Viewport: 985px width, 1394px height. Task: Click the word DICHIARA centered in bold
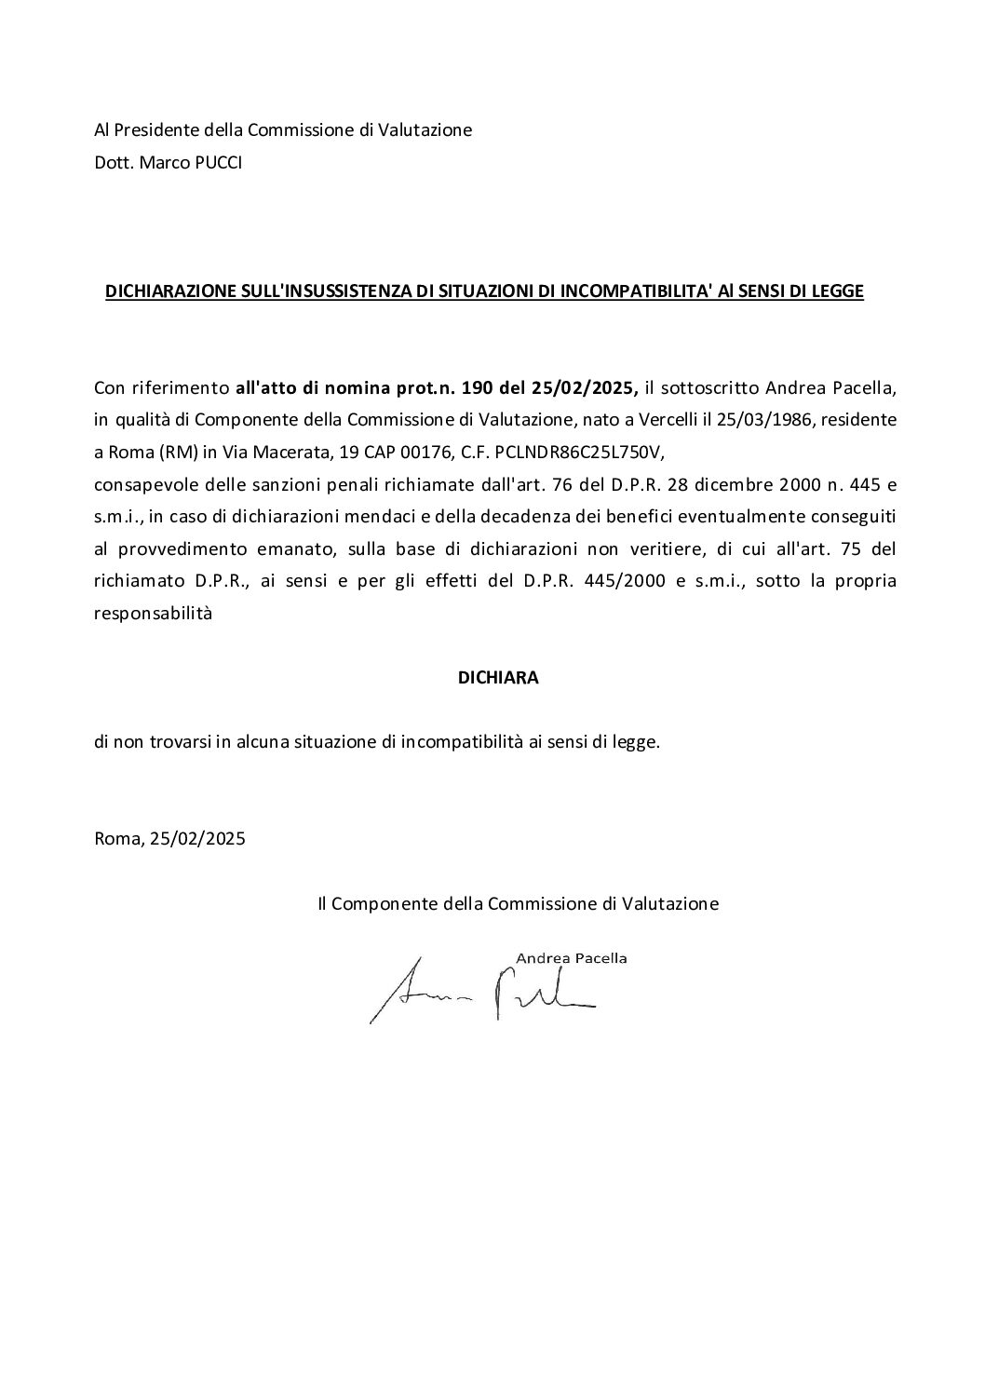pos(498,678)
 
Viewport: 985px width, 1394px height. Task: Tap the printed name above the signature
pos(571,957)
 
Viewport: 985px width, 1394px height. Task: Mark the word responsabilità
pos(154,614)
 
